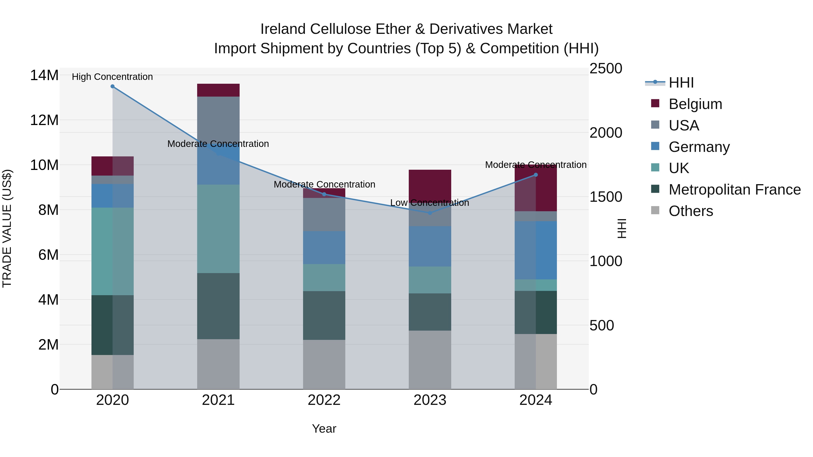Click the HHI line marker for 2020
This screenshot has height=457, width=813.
click(112, 86)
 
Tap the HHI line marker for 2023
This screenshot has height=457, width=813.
click(430, 213)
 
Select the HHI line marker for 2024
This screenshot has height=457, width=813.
click(536, 175)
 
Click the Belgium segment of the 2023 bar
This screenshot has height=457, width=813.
click(430, 185)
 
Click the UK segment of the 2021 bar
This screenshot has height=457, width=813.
click(218, 229)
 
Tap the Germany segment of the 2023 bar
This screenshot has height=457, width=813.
click(430, 246)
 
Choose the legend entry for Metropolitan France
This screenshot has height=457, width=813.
click(734, 190)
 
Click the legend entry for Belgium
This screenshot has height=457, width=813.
click(695, 104)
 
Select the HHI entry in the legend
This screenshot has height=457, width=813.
click(681, 83)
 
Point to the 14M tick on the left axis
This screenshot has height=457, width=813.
click(44, 75)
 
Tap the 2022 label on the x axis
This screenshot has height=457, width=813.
click(324, 400)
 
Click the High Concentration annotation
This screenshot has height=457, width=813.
click(112, 77)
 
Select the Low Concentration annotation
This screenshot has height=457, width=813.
click(430, 203)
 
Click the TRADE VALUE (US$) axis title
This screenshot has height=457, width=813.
click(7, 228)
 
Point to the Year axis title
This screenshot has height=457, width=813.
click(324, 429)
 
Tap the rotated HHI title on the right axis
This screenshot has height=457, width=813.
click(621, 228)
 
